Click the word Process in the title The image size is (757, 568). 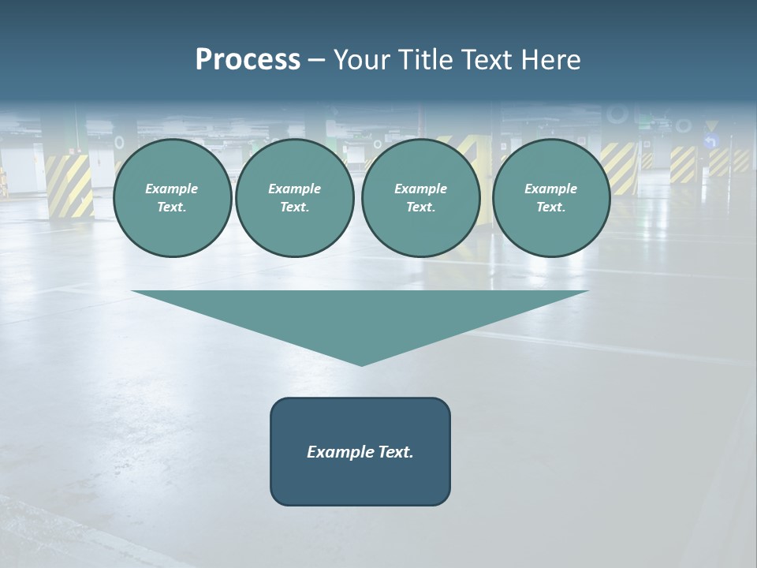click(x=248, y=60)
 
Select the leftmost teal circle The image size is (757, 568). click(x=173, y=198)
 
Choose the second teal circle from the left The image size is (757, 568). click(x=295, y=198)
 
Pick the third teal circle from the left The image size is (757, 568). click(x=421, y=198)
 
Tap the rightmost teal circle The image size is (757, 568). click(x=551, y=198)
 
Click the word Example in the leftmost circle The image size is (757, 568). click(x=172, y=189)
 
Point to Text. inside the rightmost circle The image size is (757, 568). click(x=551, y=207)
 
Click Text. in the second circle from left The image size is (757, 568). click(x=295, y=207)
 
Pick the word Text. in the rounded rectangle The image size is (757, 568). click(x=395, y=452)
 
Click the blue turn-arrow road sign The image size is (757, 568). click(x=711, y=142)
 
